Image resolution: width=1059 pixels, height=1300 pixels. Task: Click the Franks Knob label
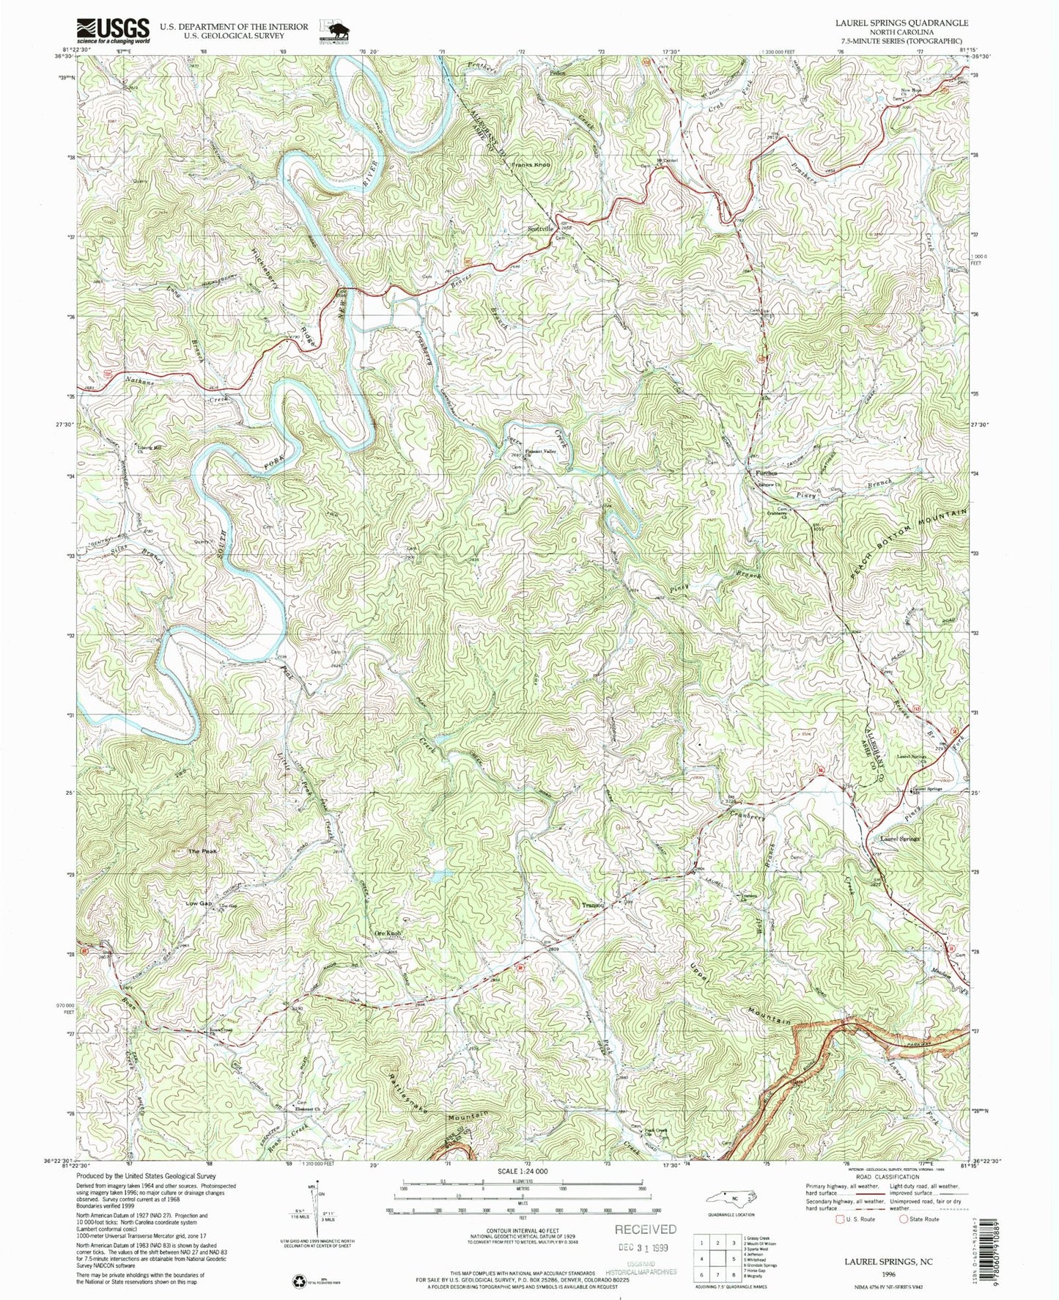click(x=531, y=166)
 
